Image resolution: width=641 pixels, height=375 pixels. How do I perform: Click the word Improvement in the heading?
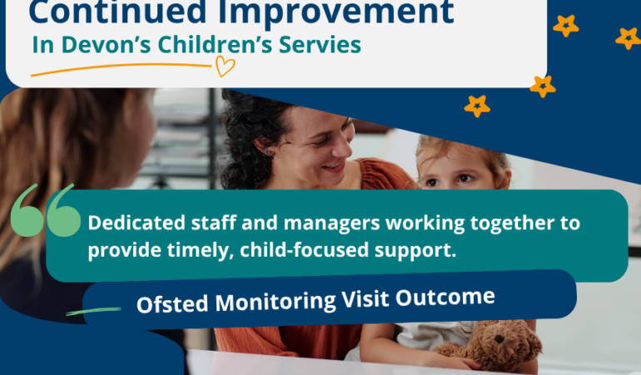coord(336,12)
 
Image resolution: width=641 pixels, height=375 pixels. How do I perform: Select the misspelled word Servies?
coord(320,45)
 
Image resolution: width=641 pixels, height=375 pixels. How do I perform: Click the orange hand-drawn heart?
coord(226,66)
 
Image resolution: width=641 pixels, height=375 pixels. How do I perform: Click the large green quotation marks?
coord(46,211)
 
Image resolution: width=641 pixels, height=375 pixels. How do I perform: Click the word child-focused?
coord(305,250)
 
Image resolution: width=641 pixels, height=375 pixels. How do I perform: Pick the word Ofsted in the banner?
coord(172,304)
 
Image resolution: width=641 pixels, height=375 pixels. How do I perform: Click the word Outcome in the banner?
coord(445,297)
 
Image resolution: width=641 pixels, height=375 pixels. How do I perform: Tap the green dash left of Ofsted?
coord(94,312)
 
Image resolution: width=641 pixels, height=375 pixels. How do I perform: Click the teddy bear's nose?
coord(499,339)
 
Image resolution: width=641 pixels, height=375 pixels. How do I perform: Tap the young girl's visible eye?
coord(464,178)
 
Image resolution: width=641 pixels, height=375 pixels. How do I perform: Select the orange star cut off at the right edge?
coord(629,38)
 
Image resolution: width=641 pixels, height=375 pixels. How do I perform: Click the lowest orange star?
coord(477,106)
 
